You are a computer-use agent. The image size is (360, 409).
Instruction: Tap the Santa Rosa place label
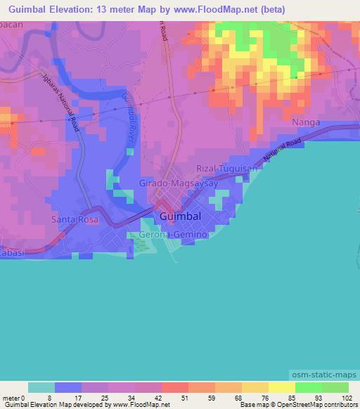75,220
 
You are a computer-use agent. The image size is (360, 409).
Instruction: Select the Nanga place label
306,122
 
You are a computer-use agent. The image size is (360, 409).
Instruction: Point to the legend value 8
49,397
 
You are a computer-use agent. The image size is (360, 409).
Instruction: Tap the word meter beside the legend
11,397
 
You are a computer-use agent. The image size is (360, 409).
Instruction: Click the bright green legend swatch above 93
308,387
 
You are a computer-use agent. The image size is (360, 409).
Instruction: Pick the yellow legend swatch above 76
255,387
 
